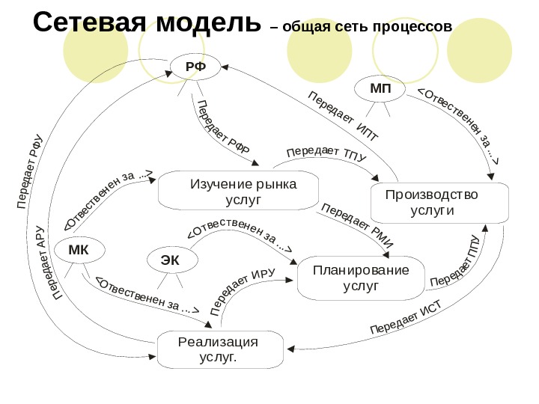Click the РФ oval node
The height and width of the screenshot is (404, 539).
(x=195, y=67)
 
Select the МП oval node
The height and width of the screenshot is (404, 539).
(x=380, y=89)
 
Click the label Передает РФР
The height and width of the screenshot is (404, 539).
(x=222, y=126)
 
